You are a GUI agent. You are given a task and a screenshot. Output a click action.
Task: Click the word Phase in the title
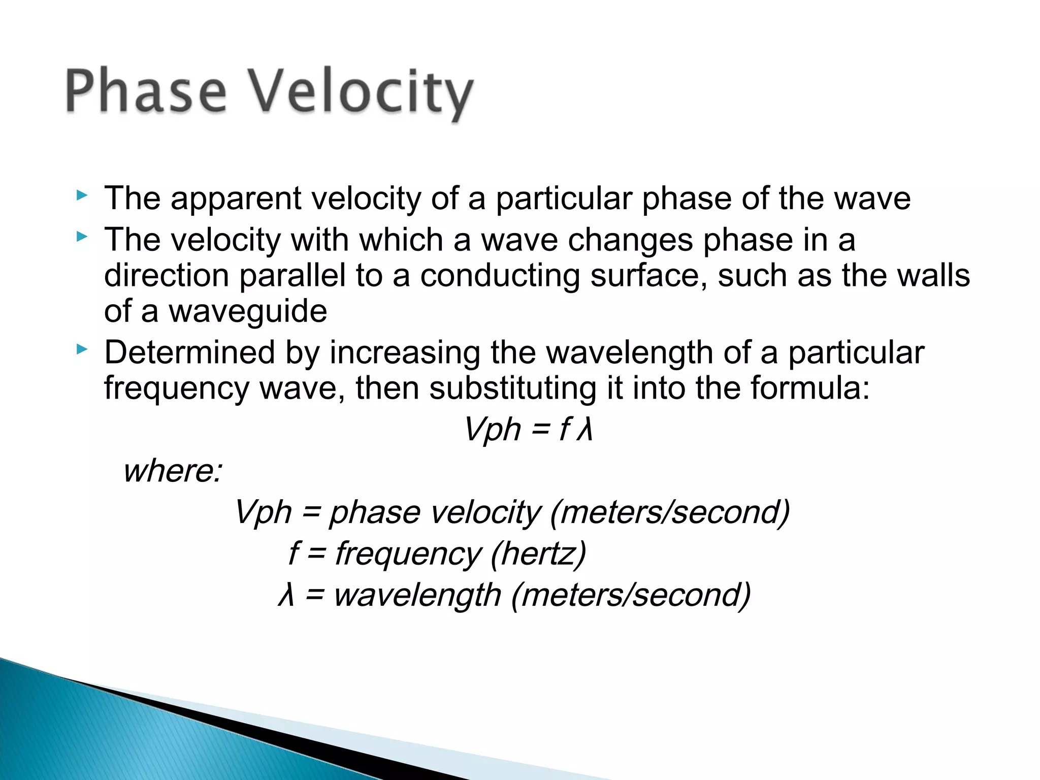[x=146, y=91]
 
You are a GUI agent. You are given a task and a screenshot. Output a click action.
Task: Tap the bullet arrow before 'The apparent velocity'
[x=82, y=196]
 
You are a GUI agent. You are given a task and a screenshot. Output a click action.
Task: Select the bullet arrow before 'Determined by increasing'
[x=82, y=349]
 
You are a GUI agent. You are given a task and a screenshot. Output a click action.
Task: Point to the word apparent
[x=236, y=199]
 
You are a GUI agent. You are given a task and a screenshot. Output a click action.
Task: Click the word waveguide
[x=248, y=311]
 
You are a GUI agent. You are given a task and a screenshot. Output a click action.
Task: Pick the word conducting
[x=500, y=276]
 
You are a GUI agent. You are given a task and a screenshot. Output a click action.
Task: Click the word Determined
[x=189, y=352]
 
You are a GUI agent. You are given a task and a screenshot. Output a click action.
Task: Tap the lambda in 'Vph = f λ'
[x=585, y=430]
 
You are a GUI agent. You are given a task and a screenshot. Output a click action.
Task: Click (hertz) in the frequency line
[x=538, y=554]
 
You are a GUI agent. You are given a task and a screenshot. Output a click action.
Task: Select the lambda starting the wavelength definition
[x=286, y=595]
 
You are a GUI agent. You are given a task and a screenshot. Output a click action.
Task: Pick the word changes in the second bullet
[x=630, y=240]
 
